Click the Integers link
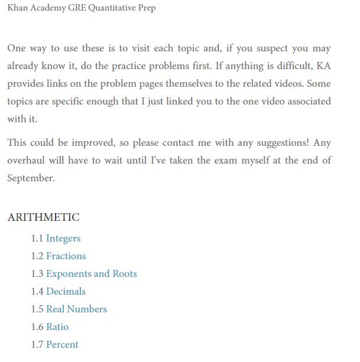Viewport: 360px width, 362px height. coord(63,239)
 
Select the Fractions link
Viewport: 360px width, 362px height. coord(66,256)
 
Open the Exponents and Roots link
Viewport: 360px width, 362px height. coord(92,274)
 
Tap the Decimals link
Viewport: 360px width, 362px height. coord(66,292)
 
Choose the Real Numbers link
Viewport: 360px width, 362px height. coord(76,309)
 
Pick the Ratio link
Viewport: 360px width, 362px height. coord(57,327)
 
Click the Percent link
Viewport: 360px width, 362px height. coord(62,345)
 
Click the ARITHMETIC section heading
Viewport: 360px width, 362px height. coord(43,217)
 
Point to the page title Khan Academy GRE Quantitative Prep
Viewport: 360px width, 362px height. coord(82,8)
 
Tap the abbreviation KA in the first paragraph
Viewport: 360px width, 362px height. coord(323,66)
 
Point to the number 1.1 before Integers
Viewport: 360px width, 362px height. coord(37,239)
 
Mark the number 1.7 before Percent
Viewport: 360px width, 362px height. coord(37,345)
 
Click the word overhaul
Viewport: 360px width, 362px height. coord(27,161)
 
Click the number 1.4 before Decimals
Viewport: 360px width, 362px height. coord(37,292)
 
